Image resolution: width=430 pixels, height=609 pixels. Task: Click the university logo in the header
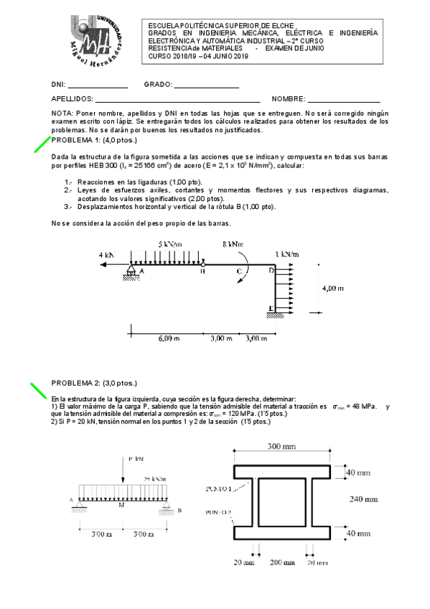(x=100, y=42)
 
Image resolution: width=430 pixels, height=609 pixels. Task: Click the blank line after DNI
(x=98, y=86)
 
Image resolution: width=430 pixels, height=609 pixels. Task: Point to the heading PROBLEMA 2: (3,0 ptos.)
(x=94, y=383)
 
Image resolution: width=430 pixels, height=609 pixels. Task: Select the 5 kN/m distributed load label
(x=169, y=244)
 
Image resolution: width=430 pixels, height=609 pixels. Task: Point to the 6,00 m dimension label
(x=169, y=338)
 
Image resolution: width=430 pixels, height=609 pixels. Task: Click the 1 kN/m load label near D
(x=287, y=254)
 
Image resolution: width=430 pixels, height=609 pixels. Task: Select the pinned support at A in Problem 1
(x=131, y=272)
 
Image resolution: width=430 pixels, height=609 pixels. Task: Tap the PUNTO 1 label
(x=218, y=488)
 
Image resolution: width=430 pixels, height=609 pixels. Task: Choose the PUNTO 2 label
(x=218, y=513)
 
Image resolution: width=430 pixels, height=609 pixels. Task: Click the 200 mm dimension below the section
(x=281, y=562)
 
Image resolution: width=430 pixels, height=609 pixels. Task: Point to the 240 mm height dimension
(x=363, y=498)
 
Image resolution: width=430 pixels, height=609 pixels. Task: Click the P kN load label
(x=136, y=457)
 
